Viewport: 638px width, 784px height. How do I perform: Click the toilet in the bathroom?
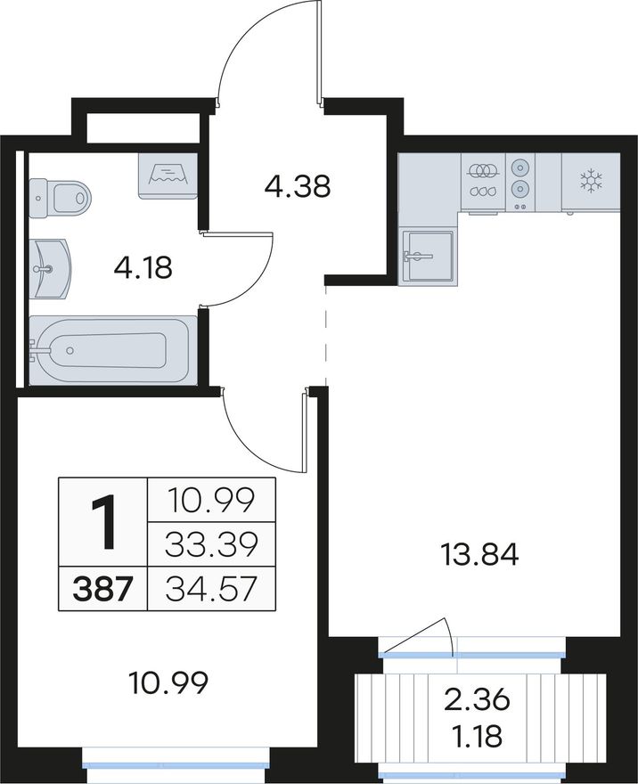click(x=60, y=199)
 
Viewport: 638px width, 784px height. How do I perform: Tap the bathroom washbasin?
click(x=50, y=268)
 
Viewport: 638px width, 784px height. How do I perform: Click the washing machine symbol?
click(x=168, y=176)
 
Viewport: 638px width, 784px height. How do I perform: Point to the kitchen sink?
click(x=429, y=257)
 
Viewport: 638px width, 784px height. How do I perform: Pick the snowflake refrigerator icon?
click(x=591, y=181)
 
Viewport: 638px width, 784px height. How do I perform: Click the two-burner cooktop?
click(x=520, y=181)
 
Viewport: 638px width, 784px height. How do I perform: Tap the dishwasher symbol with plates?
click(x=483, y=181)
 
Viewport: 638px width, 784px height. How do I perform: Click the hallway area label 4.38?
click(x=298, y=186)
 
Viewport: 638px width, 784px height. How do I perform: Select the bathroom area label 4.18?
click(x=143, y=267)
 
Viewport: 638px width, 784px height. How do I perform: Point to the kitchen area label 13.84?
click(x=479, y=554)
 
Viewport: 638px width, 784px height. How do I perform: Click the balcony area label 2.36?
click(x=478, y=699)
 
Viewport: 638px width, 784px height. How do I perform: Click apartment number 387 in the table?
click(x=102, y=589)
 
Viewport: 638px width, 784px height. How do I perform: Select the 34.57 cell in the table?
click(x=211, y=589)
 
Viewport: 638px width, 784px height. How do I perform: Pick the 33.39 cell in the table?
click(x=211, y=544)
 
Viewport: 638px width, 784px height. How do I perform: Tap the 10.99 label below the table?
click(x=168, y=683)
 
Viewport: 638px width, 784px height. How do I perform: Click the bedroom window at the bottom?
click(x=176, y=765)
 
